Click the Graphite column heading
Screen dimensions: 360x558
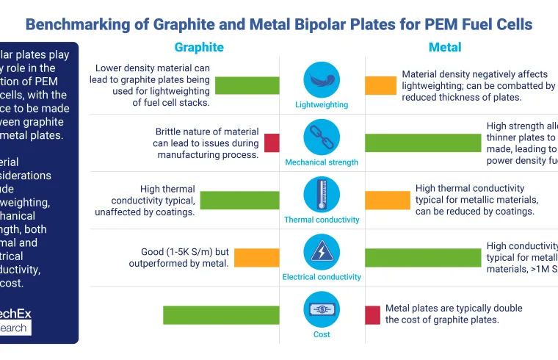coord(199,47)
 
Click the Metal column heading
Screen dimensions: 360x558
coord(445,47)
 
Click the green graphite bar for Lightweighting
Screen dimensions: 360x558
coord(247,85)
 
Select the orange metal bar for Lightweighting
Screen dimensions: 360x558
coord(380,85)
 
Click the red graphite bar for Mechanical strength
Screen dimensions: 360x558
coord(272,143)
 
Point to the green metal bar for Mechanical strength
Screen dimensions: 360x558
coord(422,143)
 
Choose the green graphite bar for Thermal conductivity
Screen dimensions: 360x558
coord(239,200)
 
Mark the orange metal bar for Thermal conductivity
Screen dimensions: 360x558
coord(388,200)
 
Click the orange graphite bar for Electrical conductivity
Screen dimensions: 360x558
coord(256,257)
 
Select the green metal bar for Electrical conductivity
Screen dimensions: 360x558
coord(422,257)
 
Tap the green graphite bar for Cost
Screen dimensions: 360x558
coord(221,314)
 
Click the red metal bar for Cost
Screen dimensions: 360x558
coord(372,314)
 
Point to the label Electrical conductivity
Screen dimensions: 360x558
coord(322,277)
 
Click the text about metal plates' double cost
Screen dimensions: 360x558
coord(453,314)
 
